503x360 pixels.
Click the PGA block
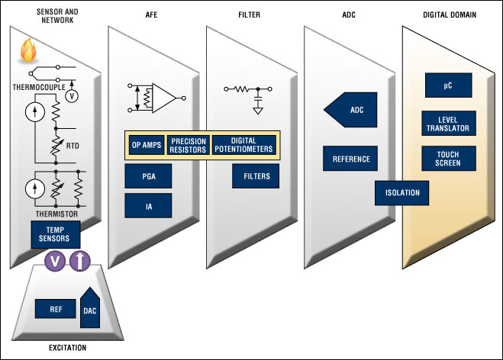[x=148, y=176]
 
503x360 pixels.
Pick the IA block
[x=148, y=204]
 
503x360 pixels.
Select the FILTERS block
[x=256, y=176]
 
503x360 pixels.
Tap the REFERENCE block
[x=350, y=159]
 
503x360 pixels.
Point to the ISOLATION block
[x=402, y=192]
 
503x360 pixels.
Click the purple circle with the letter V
[x=55, y=262]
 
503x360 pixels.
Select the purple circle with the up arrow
[x=80, y=262]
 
